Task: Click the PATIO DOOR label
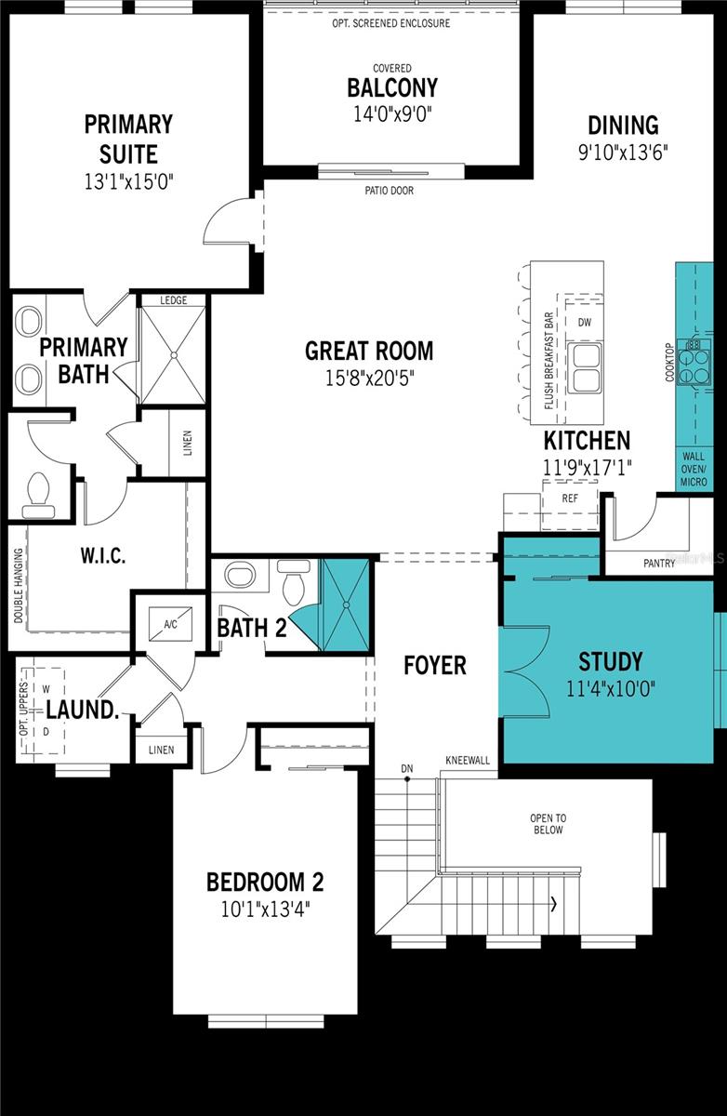pyautogui.click(x=389, y=191)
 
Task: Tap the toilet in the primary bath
pyautogui.click(x=38, y=496)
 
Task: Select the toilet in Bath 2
pyautogui.click(x=293, y=582)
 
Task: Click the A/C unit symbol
pyautogui.click(x=170, y=624)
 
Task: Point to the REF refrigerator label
pyautogui.click(x=570, y=498)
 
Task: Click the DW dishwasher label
pyautogui.click(x=585, y=323)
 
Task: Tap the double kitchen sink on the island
pyautogui.click(x=585, y=368)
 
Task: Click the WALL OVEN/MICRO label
pyautogui.click(x=694, y=469)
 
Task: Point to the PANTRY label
pyautogui.click(x=659, y=563)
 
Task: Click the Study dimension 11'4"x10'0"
pyautogui.click(x=611, y=689)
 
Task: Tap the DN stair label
pyautogui.click(x=407, y=769)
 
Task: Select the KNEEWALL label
pyautogui.click(x=468, y=761)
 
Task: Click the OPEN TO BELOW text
pyautogui.click(x=548, y=824)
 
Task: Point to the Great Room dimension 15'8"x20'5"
pyautogui.click(x=369, y=379)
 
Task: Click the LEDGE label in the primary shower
pyautogui.click(x=173, y=300)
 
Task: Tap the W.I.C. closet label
pyautogui.click(x=103, y=555)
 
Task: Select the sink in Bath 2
pyautogui.click(x=241, y=575)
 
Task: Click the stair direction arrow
pyautogui.click(x=554, y=903)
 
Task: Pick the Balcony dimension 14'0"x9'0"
pyautogui.click(x=392, y=114)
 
